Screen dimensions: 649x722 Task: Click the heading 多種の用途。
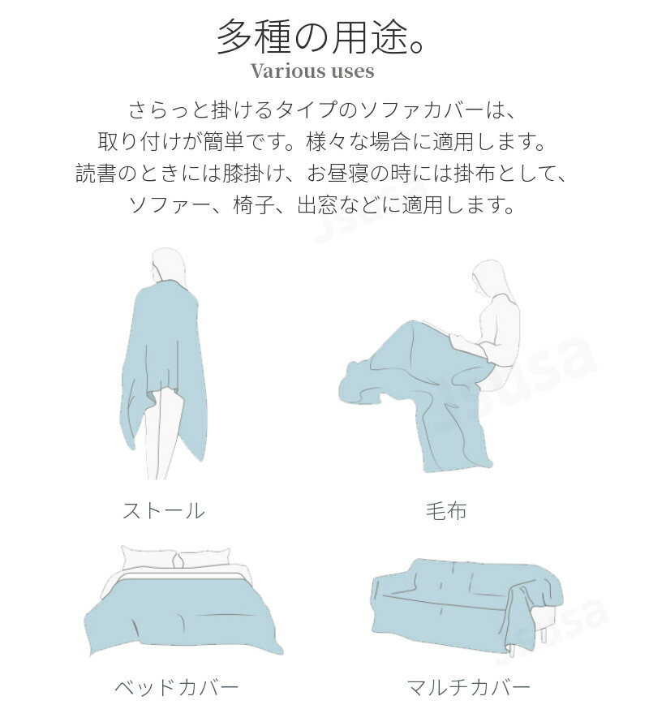tap(320, 37)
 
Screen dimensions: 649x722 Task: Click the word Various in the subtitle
tap(282, 71)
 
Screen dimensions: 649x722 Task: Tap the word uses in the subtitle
tap(346, 71)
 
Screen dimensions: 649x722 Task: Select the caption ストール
tap(164, 510)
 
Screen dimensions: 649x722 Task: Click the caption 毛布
tap(446, 510)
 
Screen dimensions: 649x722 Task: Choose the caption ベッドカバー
tap(176, 688)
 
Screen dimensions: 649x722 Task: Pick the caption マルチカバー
tap(469, 688)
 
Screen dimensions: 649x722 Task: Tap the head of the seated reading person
tap(488, 277)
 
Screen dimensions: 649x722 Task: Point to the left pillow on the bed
tap(148, 558)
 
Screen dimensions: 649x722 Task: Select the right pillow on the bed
tap(205, 558)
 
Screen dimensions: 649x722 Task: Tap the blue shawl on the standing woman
tap(161, 363)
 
